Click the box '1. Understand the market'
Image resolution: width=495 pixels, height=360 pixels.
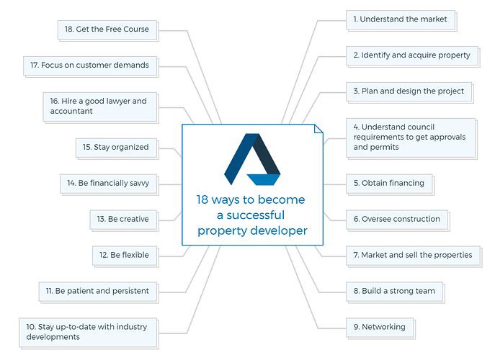pyautogui.click(x=401, y=19)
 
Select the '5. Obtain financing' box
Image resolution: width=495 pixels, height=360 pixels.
pyautogui.click(x=389, y=184)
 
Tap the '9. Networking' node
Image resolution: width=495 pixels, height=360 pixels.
pyautogui.click(x=380, y=327)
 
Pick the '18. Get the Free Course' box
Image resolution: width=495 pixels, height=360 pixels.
pyautogui.click(x=107, y=30)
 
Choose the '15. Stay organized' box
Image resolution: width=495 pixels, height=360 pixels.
pyautogui.click(x=116, y=148)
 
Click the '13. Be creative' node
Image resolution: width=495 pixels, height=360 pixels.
pyautogui.click(x=123, y=220)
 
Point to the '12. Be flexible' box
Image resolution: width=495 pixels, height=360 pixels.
pyautogui.click(x=125, y=256)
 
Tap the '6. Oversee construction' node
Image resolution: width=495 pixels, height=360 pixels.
pyautogui.click(x=397, y=220)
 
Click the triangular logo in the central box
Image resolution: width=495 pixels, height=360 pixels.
pyautogui.click(x=252, y=159)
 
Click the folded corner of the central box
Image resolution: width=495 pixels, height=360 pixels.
pyautogui.click(x=318, y=129)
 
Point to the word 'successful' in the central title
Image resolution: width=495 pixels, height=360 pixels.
pyautogui.click(x=255, y=215)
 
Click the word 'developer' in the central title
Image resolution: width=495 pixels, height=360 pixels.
pyautogui.click(x=278, y=230)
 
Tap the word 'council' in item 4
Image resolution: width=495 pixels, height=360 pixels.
pyautogui.click(x=419, y=127)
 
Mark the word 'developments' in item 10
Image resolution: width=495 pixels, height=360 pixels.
pyautogui.click(x=53, y=337)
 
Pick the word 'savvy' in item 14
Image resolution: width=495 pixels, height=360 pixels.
pyautogui.click(x=139, y=184)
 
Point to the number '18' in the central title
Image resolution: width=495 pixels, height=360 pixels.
pyautogui.click(x=202, y=199)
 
